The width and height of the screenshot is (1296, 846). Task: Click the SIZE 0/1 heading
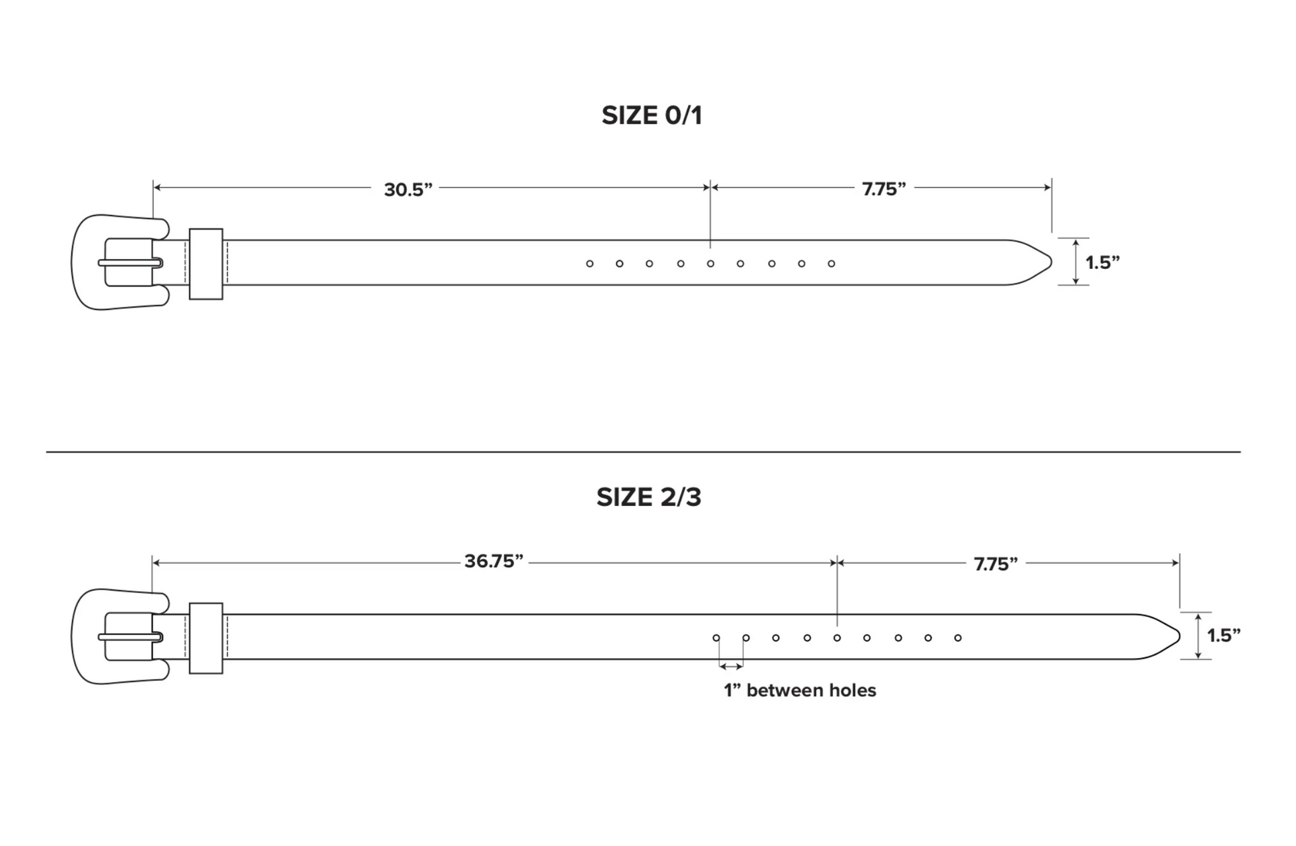(651, 116)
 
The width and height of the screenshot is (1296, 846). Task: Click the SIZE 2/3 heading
(649, 497)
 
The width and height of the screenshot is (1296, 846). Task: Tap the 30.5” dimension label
(408, 190)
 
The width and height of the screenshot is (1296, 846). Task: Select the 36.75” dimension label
(493, 561)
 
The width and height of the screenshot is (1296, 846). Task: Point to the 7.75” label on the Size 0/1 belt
(884, 190)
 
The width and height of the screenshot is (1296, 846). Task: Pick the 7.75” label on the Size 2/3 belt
(996, 564)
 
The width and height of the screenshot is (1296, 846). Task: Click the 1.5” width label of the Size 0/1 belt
(1103, 263)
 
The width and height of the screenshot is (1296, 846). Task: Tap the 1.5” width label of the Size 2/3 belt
(1224, 636)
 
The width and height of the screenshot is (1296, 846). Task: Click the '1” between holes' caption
(800, 690)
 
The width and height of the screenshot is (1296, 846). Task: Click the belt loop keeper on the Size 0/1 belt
(206, 230)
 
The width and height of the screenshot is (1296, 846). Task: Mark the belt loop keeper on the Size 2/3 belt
(206, 604)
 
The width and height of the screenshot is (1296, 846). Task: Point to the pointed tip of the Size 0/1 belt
(1051, 262)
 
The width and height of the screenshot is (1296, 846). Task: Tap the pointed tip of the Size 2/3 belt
(1179, 637)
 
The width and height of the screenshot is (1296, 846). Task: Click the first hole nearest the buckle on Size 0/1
(589, 264)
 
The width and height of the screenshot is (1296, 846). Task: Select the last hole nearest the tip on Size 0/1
(831, 264)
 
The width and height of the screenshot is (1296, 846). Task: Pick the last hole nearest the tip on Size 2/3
(958, 638)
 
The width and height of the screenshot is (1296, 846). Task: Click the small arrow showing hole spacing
(731, 666)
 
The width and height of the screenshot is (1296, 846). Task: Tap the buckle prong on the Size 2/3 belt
(131, 637)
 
